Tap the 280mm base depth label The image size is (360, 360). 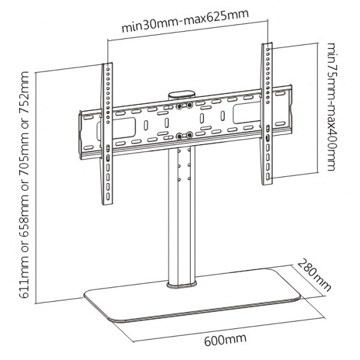pos(314,275)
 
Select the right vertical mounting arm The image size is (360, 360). pos(265,114)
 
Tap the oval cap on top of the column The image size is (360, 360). pos(183,95)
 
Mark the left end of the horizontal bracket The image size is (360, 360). pos(84,132)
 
